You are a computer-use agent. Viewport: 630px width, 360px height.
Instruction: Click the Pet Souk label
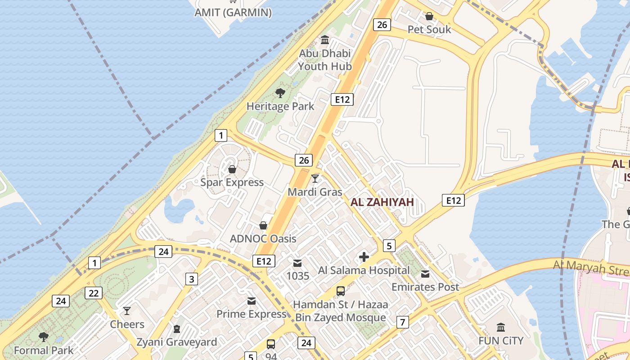pos(429,30)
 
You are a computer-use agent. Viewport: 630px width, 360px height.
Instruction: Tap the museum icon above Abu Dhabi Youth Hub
pos(325,40)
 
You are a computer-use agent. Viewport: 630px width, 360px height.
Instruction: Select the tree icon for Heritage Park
pos(280,93)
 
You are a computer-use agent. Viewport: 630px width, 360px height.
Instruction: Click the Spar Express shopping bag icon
pos(232,169)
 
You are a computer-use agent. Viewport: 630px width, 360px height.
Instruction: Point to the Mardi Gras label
pos(315,192)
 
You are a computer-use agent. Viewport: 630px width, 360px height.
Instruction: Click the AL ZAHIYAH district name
pos(382,202)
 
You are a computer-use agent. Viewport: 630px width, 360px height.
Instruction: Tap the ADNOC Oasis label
pos(263,238)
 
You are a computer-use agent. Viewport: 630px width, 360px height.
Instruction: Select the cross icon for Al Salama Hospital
pos(364,257)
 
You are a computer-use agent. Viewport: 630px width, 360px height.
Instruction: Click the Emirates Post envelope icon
pos(425,274)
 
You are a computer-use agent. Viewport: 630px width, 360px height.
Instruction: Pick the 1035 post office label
pos(298,275)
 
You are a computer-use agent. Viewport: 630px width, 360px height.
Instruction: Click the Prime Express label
pos(252,314)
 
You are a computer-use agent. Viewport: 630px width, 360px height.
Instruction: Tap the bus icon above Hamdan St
pos(341,291)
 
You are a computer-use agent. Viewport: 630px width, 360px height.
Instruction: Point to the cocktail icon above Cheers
pos(127,311)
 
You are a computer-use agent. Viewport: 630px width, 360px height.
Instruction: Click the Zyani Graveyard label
pos(177,342)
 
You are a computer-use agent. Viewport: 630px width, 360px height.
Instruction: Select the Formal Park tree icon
pos(44,337)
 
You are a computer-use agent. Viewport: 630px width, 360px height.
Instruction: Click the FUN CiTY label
pos(501,341)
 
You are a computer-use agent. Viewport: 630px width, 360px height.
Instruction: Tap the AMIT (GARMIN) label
pos(233,13)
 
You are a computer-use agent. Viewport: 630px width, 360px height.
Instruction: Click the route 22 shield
pos(94,293)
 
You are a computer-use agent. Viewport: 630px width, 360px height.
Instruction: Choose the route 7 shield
pos(402,322)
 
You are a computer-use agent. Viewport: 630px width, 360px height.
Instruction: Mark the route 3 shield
pos(192,279)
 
